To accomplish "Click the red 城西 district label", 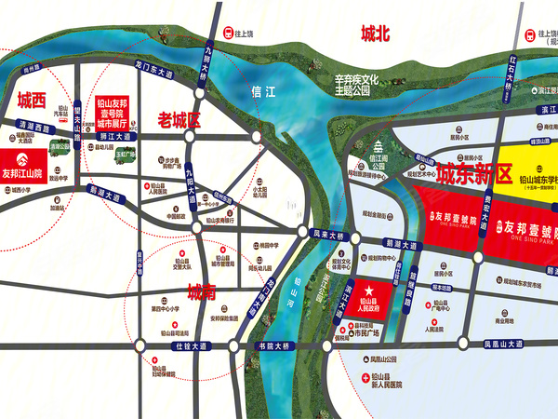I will click(x=30, y=100).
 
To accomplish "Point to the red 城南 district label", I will click(x=202, y=291).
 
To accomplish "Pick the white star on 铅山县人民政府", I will click(x=367, y=289).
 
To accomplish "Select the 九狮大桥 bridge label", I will click(x=208, y=40).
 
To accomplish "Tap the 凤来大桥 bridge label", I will click(x=328, y=237).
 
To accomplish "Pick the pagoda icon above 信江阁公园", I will click(x=379, y=146).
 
